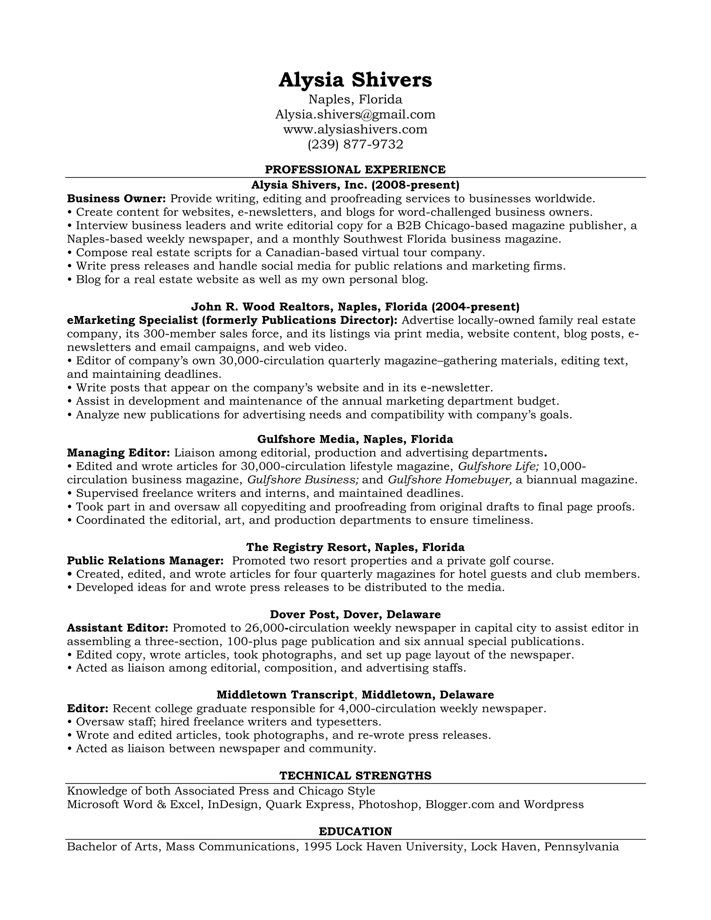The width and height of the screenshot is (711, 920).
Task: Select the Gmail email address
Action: (355, 114)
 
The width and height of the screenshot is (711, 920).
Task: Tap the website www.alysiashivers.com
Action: (355, 129)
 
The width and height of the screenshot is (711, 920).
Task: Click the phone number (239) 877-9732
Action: (355, 144)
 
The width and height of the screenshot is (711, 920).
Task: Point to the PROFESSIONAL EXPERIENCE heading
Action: (355, 169)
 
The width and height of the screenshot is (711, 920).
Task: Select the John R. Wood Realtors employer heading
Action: (355, 306)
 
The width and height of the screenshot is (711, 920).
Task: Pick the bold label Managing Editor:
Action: (118, 453)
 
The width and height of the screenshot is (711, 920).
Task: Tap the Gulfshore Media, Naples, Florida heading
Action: (355, 440)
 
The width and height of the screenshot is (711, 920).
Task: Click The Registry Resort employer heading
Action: (355, 547)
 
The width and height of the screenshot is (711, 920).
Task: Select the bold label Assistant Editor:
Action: (118, 628)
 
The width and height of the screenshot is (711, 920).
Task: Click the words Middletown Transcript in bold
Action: (285, 695)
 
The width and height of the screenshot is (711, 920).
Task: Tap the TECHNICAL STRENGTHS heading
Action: (355, 776)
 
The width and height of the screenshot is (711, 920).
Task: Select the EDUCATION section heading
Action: (355, 831)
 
